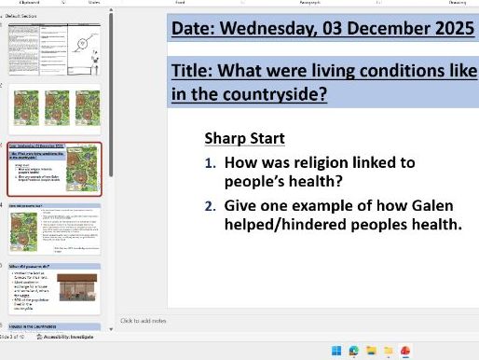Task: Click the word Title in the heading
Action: pos(192,70)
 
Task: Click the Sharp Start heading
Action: pos(244,138)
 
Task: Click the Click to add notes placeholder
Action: pos(144,321)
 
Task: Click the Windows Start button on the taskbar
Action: pos(337,351)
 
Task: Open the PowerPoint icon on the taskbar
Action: pos(405,351)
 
